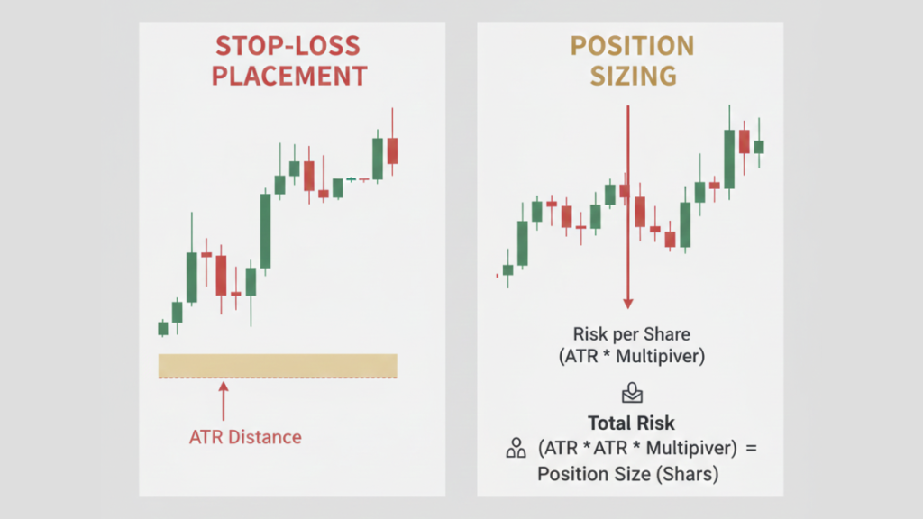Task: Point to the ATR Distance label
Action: [245, 438]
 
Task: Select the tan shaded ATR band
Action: [278, 365]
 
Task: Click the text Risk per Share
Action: [630, 334]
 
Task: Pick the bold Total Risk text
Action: [630, 423]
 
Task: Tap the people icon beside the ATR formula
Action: [516, 447]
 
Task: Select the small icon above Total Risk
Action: [630, 393]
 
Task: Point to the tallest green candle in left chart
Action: [265, 231]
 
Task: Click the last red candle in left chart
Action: [392, 150]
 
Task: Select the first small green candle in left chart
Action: [163, 328]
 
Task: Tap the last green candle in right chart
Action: [759, 146]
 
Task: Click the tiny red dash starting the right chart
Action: [498, 275]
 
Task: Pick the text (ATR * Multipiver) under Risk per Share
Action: [630, 357]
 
